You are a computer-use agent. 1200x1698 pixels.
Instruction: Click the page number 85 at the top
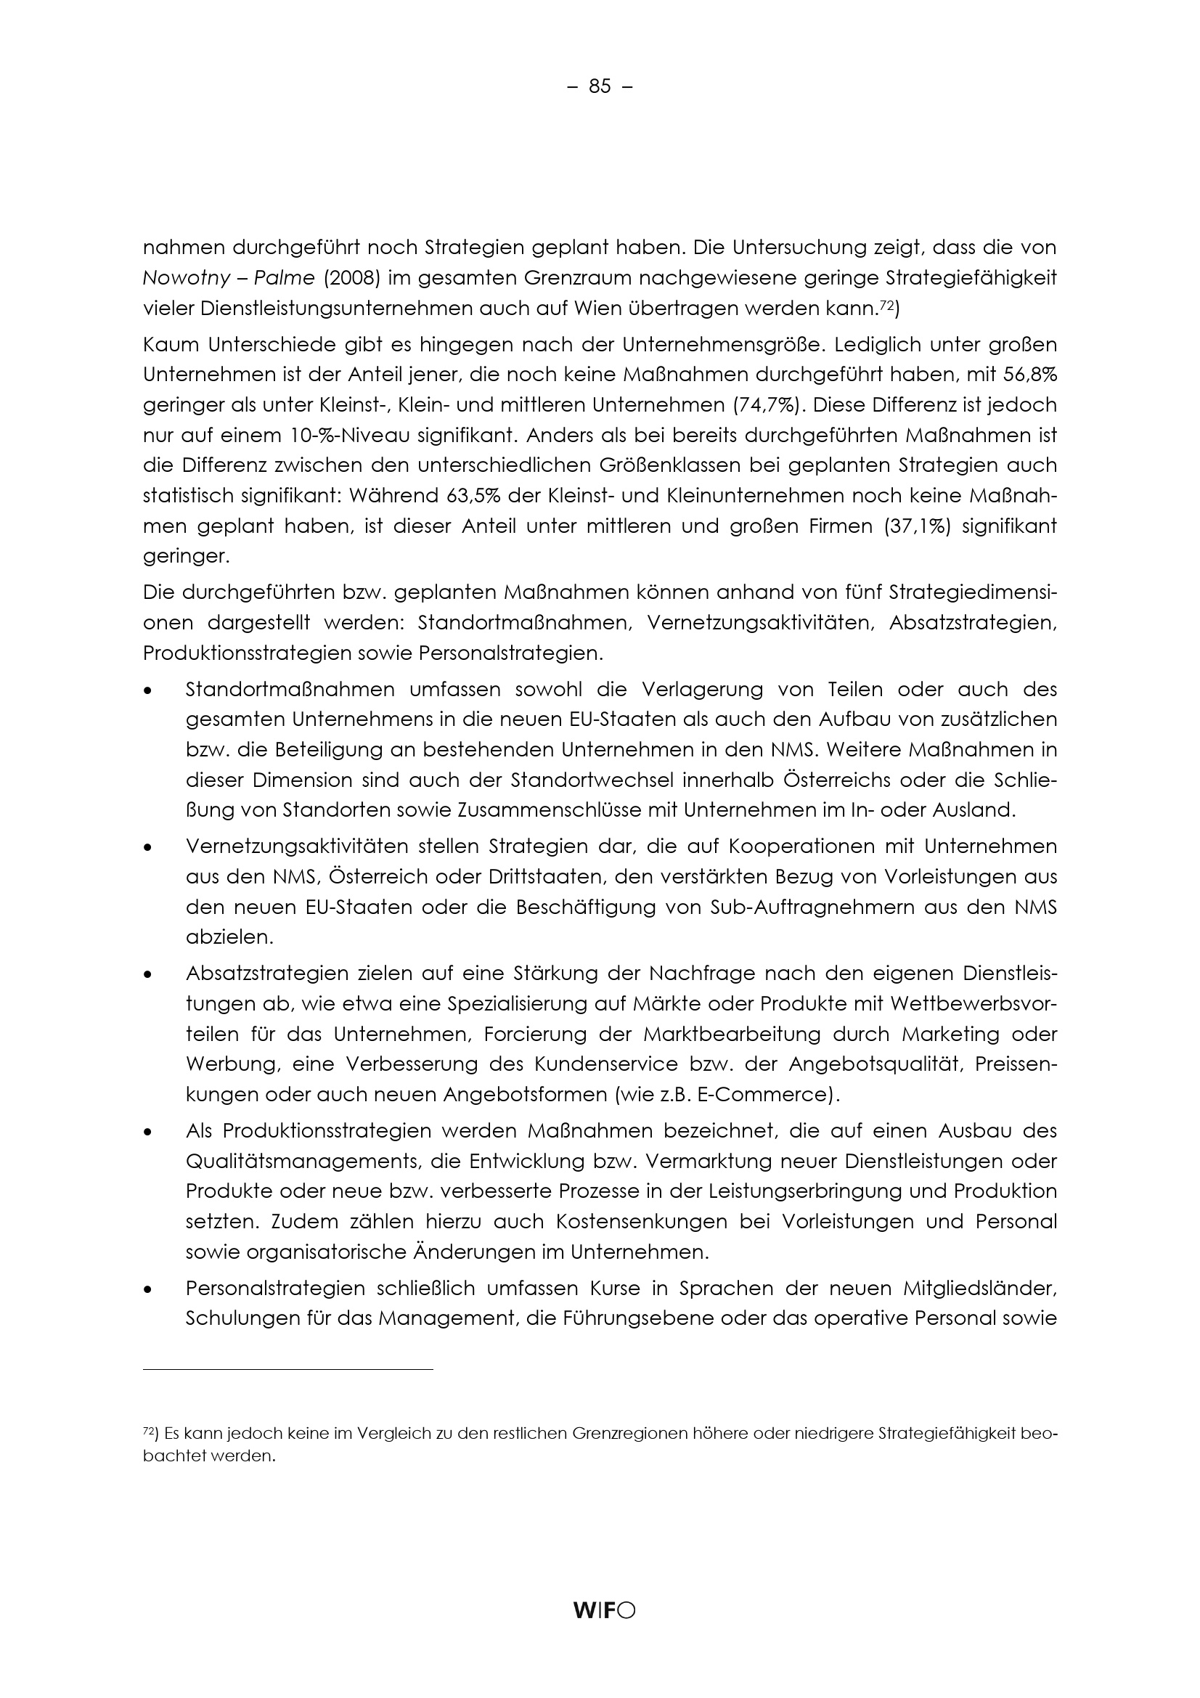(x=600, y=87)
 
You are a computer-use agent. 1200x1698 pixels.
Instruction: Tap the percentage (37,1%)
(x=916, y=526)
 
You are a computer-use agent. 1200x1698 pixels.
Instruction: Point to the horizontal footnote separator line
(x=287, y=1370)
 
